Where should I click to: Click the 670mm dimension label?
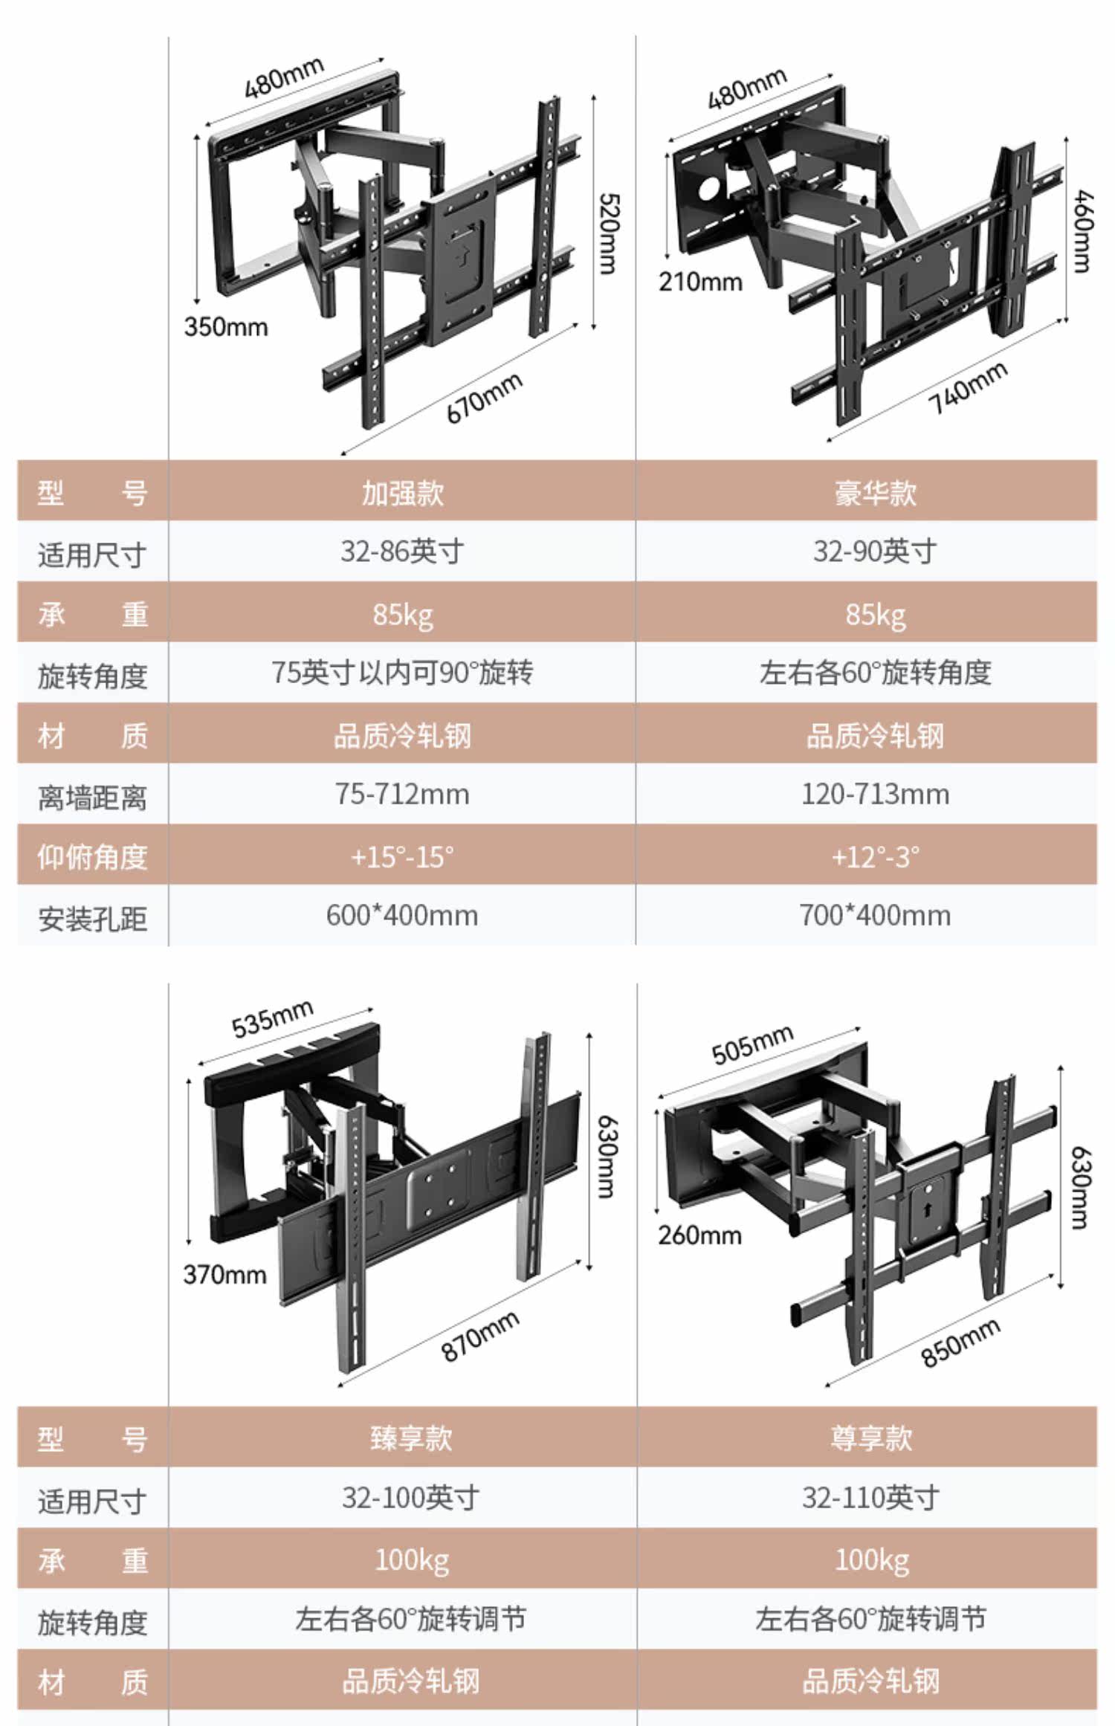click(x=484, y=398)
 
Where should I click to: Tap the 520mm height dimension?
click(x=608, y=233)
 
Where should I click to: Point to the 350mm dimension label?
click(x=225, y=326)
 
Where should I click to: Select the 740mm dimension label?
click(x=968, y=388)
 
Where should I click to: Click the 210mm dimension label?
click(x=699, y=282)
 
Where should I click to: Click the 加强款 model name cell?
click(x=402, y=493)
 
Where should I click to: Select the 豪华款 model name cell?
click(x=875, y=493)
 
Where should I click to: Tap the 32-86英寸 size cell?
click(x=402, y=552)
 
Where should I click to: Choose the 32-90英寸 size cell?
click(x=875, y=552)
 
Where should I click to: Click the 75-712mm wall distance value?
click(x=402, y=794)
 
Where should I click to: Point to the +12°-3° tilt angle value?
click(x=875, y=856)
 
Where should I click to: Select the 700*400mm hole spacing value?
click(x=875, y=915)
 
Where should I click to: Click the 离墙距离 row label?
click(x=92, y=798)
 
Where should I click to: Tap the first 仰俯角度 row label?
click(x=92, y=857)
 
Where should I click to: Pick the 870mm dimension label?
click(x=480, y=1336)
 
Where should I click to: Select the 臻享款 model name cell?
click(x=411, y=1438)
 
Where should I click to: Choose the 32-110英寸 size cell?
click(x=870, y=1498)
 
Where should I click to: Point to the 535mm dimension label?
click(x=272, y=1019)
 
